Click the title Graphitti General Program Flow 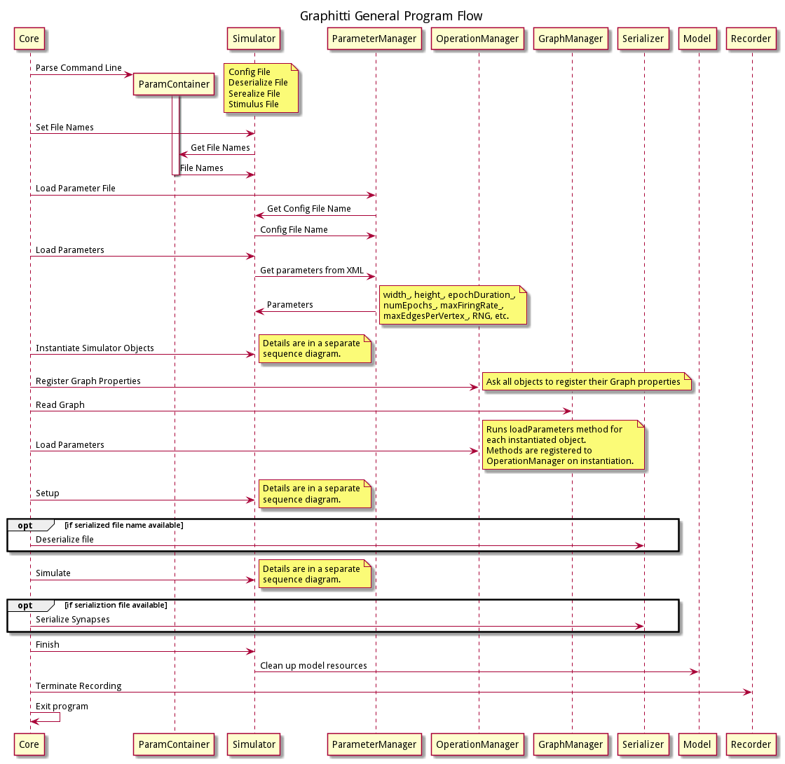[391, 15]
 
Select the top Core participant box [29, 39]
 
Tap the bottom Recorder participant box [751, 744]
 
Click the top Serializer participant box [643, 39]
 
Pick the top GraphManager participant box [571, 39]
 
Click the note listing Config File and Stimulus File [261, 88]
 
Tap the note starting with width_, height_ [452, 305]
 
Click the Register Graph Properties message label [88, 381]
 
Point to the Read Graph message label [60, 405]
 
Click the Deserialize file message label [64, 540]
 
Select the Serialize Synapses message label [72, 620]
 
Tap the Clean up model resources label [313, 665]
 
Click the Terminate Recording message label [78, 686]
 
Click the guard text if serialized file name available [123, 525]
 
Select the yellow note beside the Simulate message [314, 574]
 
